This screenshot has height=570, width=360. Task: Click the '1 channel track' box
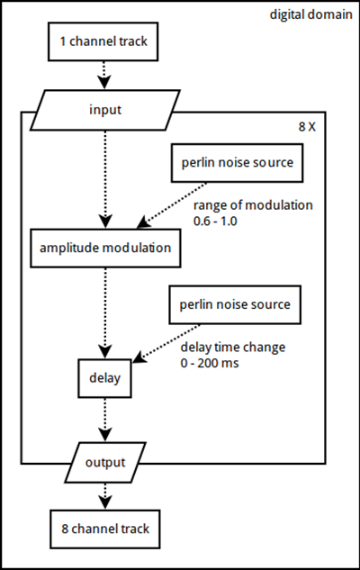103,41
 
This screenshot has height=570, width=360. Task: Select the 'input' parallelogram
105,110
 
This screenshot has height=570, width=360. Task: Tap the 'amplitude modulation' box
105,249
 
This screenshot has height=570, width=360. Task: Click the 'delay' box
104,378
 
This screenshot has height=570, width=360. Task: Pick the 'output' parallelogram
105,463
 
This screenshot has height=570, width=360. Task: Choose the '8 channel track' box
105,529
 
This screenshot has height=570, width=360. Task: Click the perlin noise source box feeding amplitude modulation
238,163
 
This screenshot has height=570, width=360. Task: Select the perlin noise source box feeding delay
235,304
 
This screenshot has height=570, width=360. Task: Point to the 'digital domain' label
311,14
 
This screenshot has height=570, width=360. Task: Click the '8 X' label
307,127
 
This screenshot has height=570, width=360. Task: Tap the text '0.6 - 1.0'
215,221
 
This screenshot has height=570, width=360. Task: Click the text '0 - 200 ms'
210,363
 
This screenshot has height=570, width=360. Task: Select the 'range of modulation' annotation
253,205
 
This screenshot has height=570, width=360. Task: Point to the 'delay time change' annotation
233,348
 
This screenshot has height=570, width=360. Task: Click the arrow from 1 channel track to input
104,75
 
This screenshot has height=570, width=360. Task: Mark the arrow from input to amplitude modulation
105,179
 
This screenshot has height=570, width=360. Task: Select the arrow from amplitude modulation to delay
105,313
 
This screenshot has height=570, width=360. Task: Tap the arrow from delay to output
105,420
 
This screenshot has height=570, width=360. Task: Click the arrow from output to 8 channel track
105,496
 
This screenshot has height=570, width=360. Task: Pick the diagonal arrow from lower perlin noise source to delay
166,343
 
